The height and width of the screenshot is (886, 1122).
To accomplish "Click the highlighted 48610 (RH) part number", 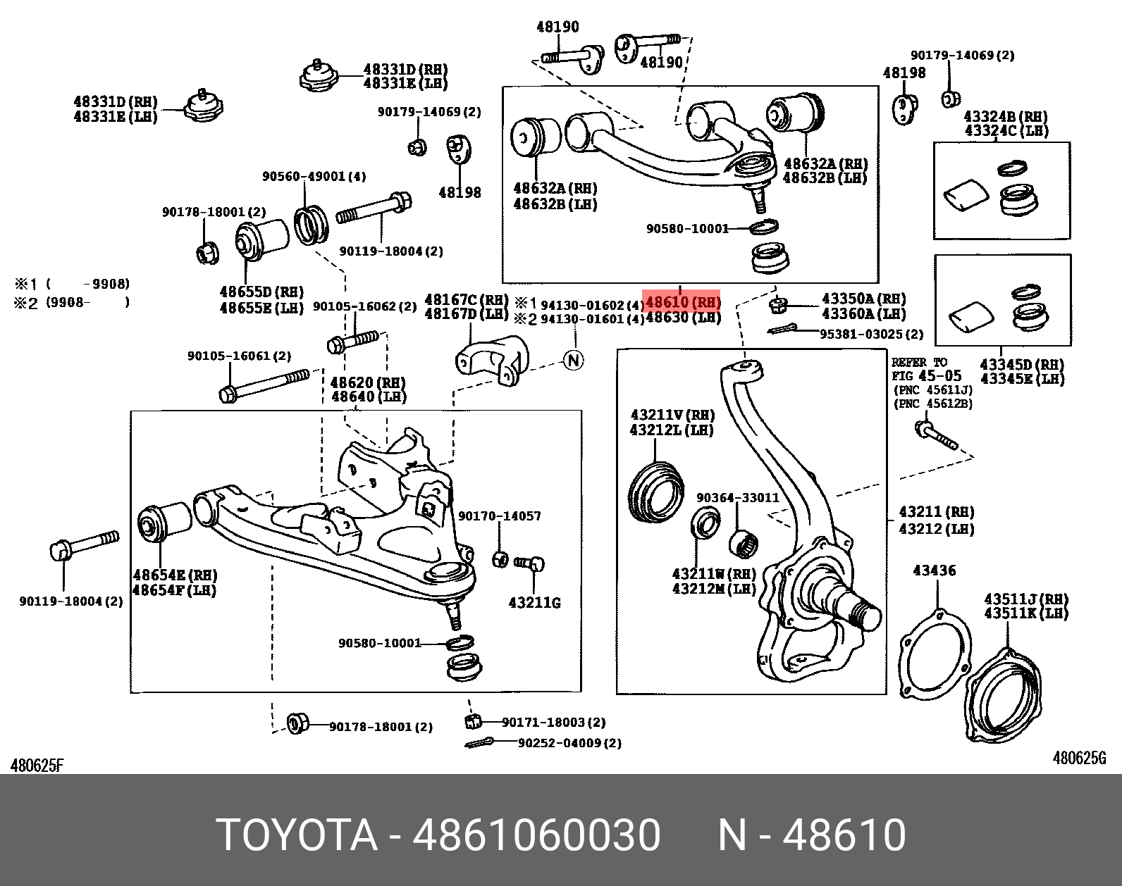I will pyautogui.click(x=682, y=303).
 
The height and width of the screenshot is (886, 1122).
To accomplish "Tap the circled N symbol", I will pyautogui.click(x=574, y=361).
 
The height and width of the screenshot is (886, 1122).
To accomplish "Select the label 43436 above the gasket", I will pyautogui.click(x=934, y=570).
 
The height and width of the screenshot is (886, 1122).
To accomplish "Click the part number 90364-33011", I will pyautogui.click(x=737, y=497).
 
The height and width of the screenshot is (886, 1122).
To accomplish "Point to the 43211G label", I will pyautogui.click(x=534, y=603).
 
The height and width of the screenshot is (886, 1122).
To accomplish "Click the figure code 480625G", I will pyautogui.click(x=1079, y=758).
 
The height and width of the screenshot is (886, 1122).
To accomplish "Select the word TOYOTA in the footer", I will pyautogui.click(x=297, y=835).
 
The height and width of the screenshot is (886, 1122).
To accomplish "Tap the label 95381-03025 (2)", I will pyautogui.click(x=870, y=334).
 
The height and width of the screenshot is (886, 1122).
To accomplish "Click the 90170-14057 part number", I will pyautogui.click(x=499, y=516).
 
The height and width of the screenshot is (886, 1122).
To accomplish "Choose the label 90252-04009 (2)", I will pyautogui.click(x=569, y=743).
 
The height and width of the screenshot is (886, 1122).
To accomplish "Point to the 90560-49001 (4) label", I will pyautogui.click(x=314, y=176).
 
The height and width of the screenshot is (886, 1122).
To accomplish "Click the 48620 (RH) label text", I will pyautogui.click(x=367, y=382).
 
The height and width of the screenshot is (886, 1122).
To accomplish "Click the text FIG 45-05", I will pyautogui.click(x=926, y=376).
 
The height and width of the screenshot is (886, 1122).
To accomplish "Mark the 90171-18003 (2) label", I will pyautogui.click(x=553, y=722).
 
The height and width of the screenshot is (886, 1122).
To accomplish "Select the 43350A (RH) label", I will pyautogui.click(x=863, y=299).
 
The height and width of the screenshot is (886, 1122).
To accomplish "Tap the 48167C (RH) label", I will pyautogui.click(x=466, y=300).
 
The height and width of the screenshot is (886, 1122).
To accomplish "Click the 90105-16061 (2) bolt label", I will pyautogui.click(x=239, y=356).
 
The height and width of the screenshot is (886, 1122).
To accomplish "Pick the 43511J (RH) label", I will pyautogui.click(x=1025, y=599).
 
